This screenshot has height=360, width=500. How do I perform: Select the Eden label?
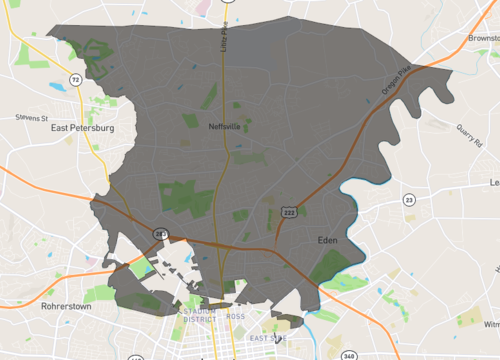coord(328,241)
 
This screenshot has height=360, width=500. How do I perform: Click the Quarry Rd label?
coord(470,134)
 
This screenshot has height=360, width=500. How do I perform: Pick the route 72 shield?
coord(75,78)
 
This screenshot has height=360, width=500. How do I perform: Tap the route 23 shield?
coord(408,200)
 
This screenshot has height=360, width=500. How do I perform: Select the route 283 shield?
coord(160,233)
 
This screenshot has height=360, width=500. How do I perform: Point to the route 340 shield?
coord(348,355)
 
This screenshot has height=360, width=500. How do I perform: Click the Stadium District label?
coord(200,319)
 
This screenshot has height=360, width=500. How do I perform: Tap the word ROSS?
coord(236,316)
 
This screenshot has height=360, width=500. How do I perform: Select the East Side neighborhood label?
coord(267,339)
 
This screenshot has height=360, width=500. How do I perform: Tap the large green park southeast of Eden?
coord(330,265)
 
